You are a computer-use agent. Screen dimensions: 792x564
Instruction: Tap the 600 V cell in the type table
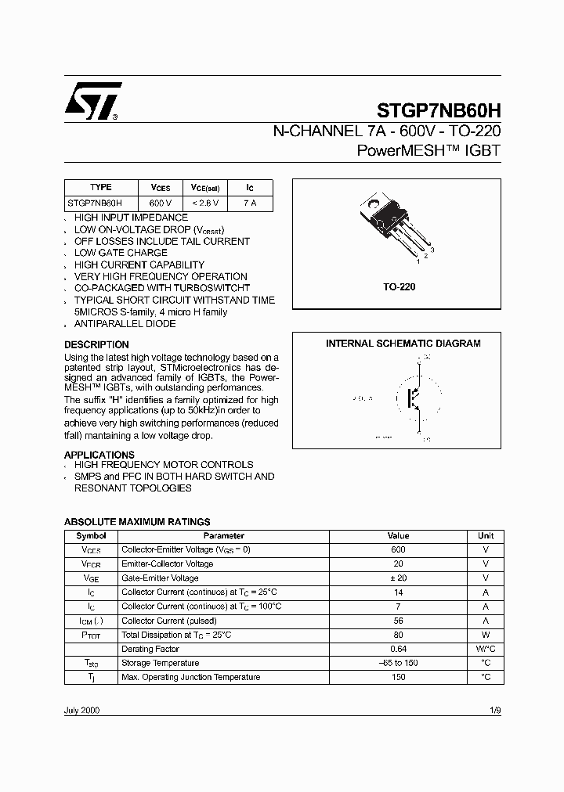pos(160,203)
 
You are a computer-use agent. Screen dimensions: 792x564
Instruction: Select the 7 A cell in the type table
pos(250,203)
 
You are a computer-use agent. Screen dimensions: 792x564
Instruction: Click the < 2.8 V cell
pos(204,203)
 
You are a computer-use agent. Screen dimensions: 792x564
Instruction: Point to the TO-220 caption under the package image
pos(398,287)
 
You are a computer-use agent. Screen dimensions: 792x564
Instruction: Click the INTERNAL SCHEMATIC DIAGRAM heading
pos(403,343)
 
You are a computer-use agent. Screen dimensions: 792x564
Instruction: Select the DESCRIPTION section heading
pos(96,344)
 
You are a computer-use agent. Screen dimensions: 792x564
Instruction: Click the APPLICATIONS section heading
pos(99,455)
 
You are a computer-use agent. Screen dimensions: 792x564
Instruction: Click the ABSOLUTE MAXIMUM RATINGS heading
pos(137,522)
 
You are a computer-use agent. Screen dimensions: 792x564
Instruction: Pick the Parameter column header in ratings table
pos(223,536)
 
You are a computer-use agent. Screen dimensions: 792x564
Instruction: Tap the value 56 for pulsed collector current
pos(398,621)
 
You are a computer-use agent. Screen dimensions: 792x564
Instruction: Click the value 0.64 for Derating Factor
pos(398,649)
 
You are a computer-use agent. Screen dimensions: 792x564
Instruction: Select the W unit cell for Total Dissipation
pos(486,635)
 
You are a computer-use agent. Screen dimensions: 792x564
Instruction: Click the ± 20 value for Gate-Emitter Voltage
pos(398,578)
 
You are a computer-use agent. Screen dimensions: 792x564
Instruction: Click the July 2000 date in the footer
pos(81,711)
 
